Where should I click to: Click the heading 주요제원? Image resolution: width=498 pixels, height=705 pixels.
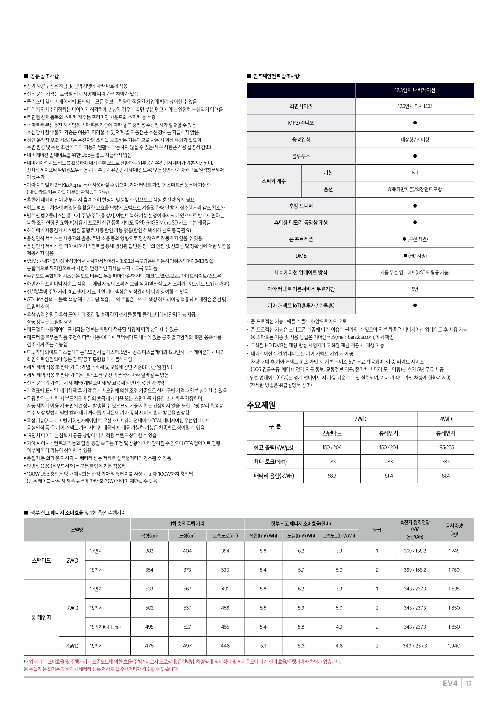point(261,405)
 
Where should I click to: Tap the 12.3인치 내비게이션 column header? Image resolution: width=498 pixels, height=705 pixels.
point(415,90)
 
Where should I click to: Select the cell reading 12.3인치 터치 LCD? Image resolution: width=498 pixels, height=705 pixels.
point(415,106)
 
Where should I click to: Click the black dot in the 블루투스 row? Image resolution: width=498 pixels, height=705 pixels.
point(415,156)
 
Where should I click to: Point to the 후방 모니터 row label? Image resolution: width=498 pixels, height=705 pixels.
point(301,206)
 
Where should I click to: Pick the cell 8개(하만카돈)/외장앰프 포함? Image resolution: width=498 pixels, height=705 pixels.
point(415,190)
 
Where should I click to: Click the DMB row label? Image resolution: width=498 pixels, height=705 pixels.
point(301,256)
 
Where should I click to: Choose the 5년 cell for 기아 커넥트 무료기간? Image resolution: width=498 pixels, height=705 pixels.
point(415,289)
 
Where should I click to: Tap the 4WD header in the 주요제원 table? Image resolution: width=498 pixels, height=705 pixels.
point(446,419)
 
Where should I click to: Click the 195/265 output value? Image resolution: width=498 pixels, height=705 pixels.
point(446,447)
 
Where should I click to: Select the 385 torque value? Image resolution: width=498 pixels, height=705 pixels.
point(446,462)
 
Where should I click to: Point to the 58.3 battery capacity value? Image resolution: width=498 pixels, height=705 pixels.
point(332,476)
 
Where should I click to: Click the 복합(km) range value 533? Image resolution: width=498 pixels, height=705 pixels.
point(149,589)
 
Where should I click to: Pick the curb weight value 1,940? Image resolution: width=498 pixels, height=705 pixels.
point(454,646)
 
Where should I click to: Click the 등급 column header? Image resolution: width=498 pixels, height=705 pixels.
point(377,530)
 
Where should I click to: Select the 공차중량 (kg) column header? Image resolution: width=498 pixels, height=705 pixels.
point(454,529)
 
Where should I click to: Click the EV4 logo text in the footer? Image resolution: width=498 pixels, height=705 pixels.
point(450,684)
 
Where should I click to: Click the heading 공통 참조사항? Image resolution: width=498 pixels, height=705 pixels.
point(44,76)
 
